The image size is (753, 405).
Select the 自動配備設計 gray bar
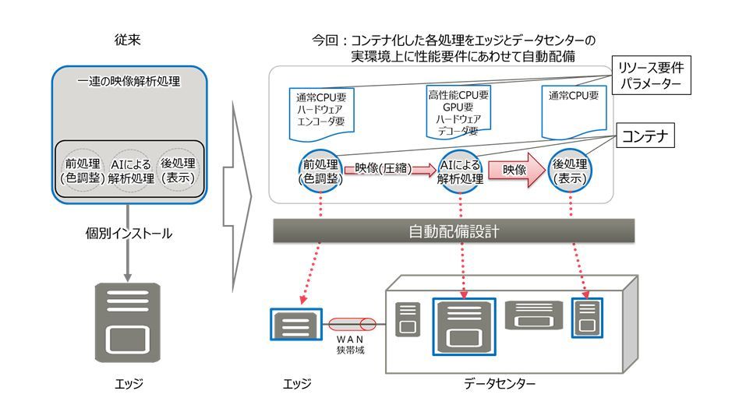coord(454,231)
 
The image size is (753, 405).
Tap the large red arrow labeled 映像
coord(514,169)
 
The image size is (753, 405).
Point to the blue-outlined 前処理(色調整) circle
coord(321,171)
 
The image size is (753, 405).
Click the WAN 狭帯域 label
coord(350,345)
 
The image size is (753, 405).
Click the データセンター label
coord(500,383)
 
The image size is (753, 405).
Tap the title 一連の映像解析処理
coord(129,81)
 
